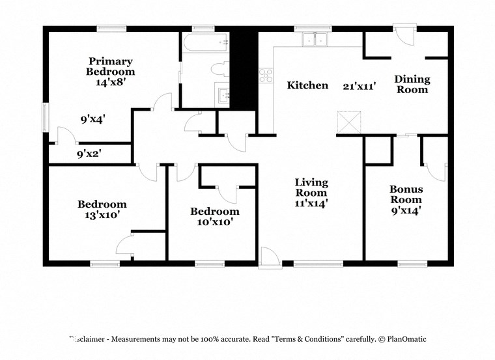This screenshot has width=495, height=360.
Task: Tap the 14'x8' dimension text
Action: tap(110, 83)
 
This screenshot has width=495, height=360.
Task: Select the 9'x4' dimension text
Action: tap(92, 119)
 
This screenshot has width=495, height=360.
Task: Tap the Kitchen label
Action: tap(307, 85)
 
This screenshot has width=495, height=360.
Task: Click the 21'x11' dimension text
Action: tap(360, 85)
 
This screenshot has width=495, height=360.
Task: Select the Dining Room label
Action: tap(412, 84)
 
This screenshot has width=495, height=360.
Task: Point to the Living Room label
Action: tap(311, 187)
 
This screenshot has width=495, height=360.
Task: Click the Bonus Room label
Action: tap(406, 194)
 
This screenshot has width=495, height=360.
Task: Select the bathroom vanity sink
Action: tap(224, 95)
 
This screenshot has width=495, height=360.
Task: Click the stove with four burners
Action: tap(266, 76)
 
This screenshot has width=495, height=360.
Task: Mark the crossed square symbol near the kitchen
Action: tap(348, 122)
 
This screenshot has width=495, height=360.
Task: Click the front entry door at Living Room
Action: tap(268, 258)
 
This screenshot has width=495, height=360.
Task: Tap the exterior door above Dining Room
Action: tap(404, 34)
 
